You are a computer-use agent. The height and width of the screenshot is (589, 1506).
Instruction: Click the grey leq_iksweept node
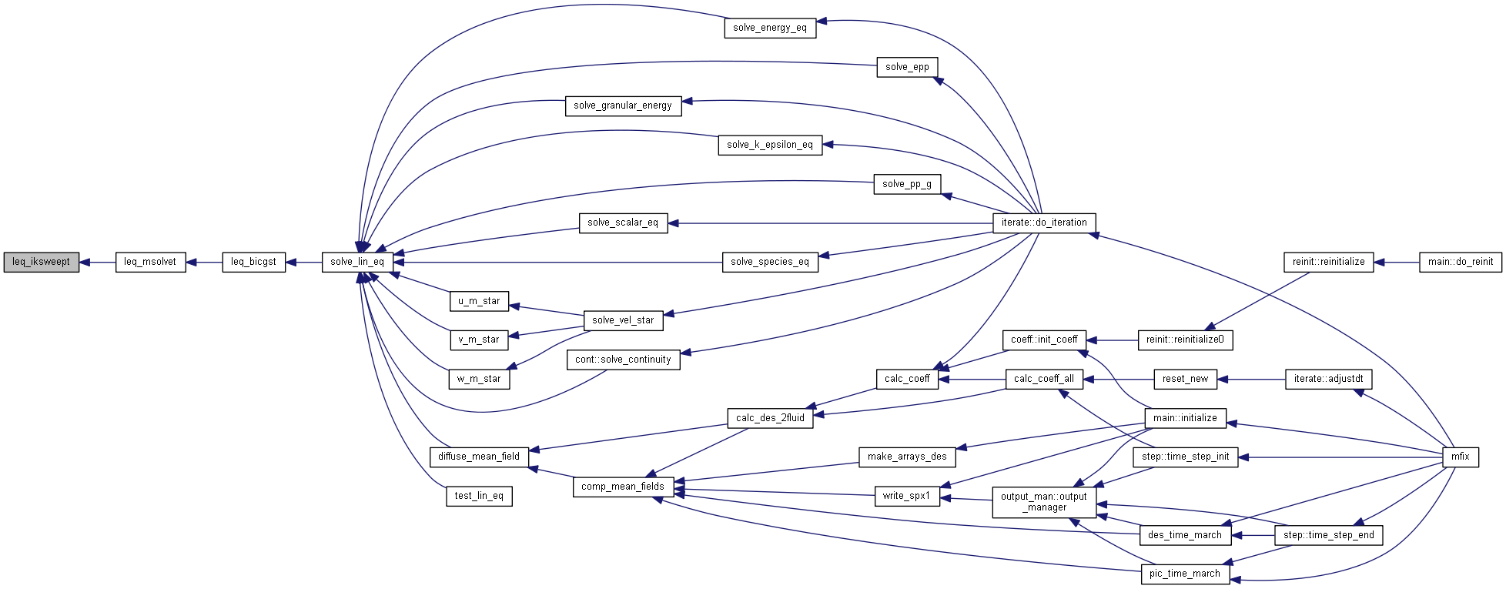click(42, 262)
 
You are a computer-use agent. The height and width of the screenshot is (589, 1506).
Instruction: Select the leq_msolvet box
click(150, 262)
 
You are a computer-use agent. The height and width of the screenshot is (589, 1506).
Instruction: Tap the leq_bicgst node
click(253, 262)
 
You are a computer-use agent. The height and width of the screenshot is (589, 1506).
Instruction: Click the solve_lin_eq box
click(357, 262)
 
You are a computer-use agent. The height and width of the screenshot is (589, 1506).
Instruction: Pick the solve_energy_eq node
click(770, 28)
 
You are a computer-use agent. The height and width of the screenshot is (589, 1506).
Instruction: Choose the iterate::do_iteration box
click(1044, 223)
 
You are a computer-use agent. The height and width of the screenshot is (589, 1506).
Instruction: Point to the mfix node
click(1460, 457)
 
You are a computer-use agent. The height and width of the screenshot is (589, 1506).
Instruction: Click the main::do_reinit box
click(1460, 262)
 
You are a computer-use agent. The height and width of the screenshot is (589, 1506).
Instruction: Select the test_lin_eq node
click(479, 496)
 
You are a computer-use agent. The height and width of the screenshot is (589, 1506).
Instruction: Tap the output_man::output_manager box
click(1044, 502)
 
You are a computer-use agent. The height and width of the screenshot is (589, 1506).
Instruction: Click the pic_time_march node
click(1184, 574)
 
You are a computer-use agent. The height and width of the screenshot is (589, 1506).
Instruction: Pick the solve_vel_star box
click(623, 320)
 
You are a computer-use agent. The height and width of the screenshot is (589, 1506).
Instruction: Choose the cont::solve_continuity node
click(623, 360)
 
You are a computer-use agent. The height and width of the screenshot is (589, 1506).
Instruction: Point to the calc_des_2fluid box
click(770, 418)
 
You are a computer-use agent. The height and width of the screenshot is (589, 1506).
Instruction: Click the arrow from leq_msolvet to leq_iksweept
click(97, 262)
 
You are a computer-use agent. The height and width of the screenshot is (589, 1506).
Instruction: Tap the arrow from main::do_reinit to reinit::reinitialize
click(1396, 262)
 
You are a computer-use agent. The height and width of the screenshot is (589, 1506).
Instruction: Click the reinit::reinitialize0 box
click(1185, 340)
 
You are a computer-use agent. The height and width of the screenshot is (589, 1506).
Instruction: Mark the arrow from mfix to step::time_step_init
click(1340, 457)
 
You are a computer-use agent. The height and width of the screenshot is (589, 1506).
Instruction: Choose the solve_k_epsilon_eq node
click(770, 145)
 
